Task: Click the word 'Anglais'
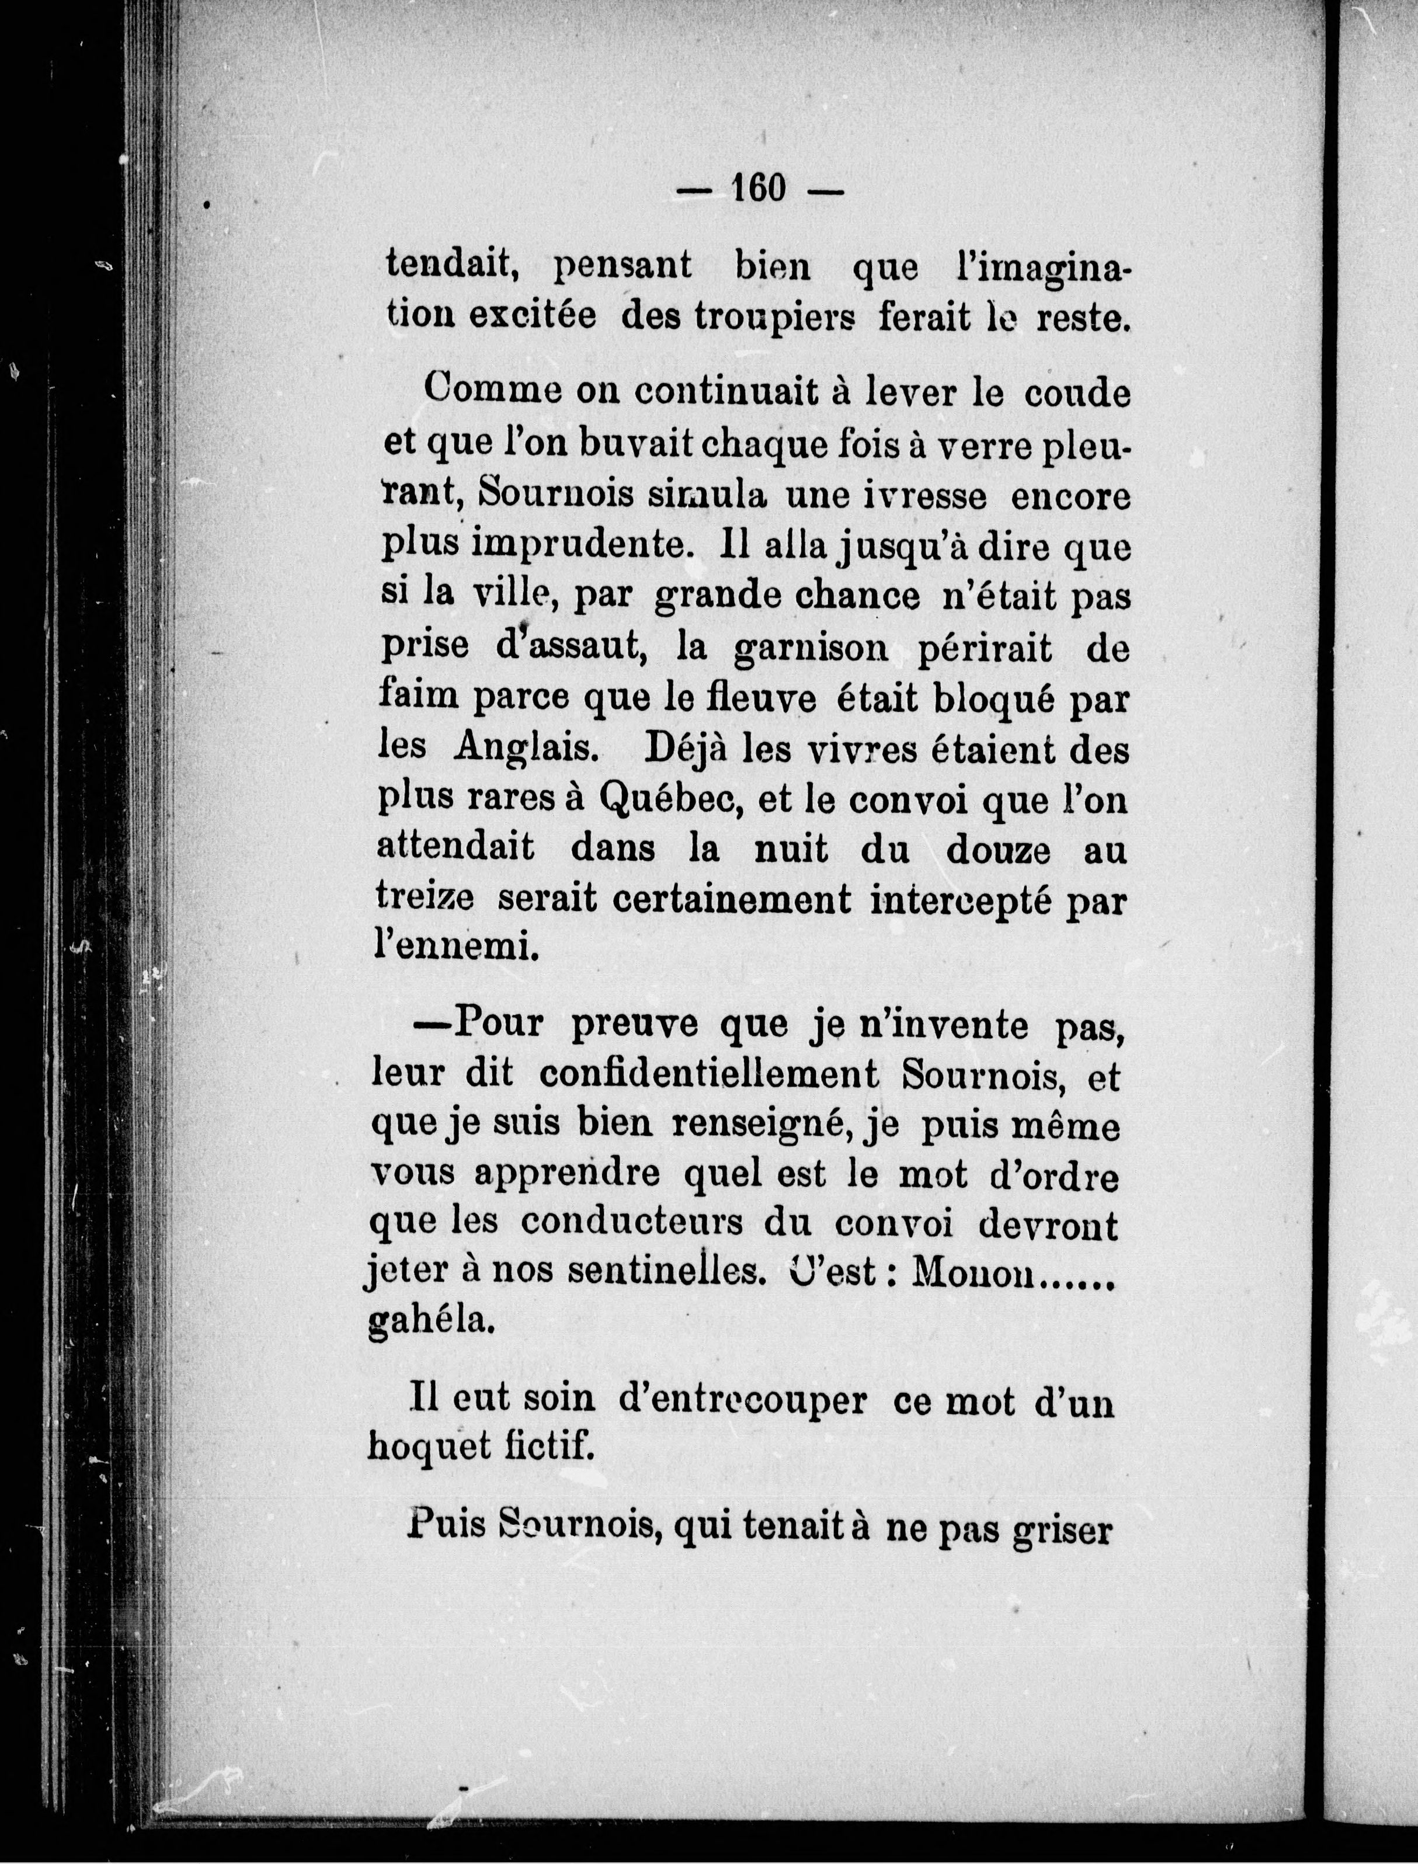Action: coord(526,749)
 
